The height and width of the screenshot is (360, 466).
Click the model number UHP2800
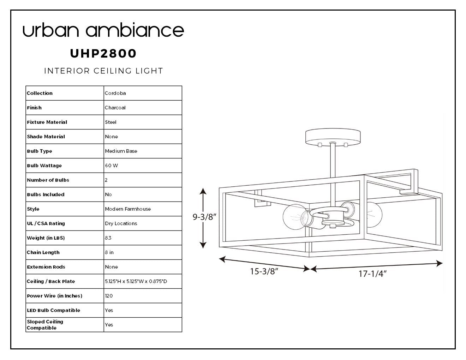(x=103, y=53)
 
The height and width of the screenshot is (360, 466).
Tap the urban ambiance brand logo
(x=103, y=30)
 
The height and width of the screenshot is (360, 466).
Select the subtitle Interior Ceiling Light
(x=103, y=71)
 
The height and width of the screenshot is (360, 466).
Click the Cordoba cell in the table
(x=115, y=93)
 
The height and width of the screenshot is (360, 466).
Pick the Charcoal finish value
(x=115, y=108)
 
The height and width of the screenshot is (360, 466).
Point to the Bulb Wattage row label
(x=44, y=166)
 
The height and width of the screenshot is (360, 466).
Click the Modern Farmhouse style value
(x=128, y=209)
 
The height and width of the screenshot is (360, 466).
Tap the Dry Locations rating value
(x=121, y=223)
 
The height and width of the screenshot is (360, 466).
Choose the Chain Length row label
(x=43, y=252)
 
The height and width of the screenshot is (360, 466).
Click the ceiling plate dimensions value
(x=136, y=281)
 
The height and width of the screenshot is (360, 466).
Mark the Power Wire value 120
(x=109, y=296)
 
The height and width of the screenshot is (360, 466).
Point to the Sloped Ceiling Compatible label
(x=45, y=325)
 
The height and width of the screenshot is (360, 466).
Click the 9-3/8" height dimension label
(x=204, y=217)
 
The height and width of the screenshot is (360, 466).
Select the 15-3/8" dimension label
(x=264, y=271)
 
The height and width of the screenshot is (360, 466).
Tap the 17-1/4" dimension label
(x=373, y=274)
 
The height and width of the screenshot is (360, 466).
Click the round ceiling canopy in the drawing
(x=333, y=137)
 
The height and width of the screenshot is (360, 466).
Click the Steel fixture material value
(x=110, y=122)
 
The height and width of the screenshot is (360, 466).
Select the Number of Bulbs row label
(x=48, y=180)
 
